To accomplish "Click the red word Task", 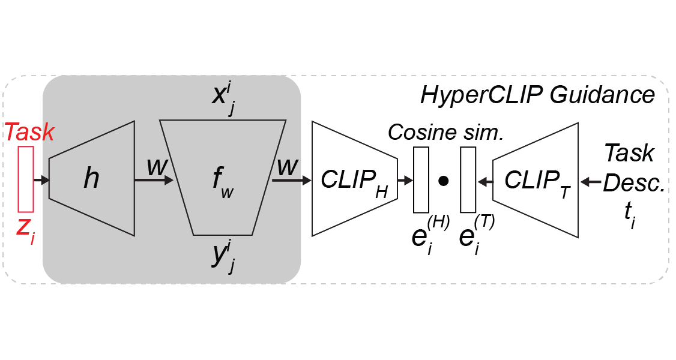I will pyautogui.click(x=30, y=133).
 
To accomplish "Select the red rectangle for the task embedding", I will pyautogui.click(x=26, y=179).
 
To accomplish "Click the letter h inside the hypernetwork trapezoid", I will pyautogui.click(x=91, y=179).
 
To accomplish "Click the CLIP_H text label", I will pyautogui.click(x=354, y=179).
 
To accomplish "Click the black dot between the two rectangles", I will pyautogui.click(x=444, y=179).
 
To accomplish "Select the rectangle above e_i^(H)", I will pyautogui.click(x=421, y=179).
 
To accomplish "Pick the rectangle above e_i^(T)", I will pyautogui.click(x=468, y=179).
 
